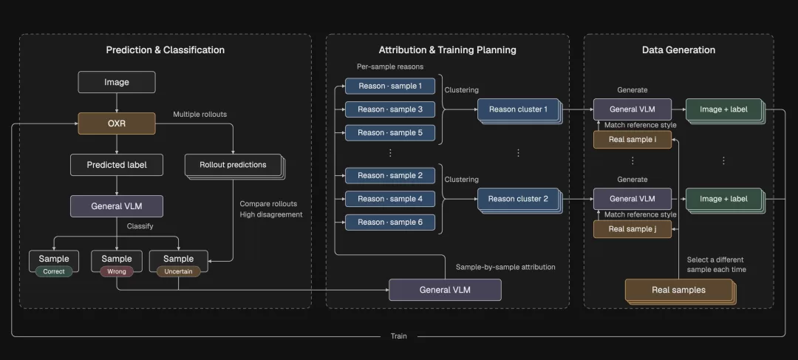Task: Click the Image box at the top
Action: click(x=117, y=82)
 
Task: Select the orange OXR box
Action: click(x=117, y=123)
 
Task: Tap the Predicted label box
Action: click(x=117, y=165)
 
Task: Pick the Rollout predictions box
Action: click(x=233, y=165)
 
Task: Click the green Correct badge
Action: click(x=54, y=271)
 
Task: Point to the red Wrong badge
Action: click(x=117, y=271)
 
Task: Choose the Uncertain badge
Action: click(x=178, y=271)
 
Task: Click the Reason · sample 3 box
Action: click(x=390, y=109)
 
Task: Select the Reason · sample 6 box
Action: click(x=390, y=222)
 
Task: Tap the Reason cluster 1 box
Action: click(x=518, y=109)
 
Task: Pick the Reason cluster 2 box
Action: click(x=518, y=199)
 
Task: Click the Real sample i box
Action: click(x=632, y=140)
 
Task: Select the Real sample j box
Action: click(x=632, y=229)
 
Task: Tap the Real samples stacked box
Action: click(x=679, y=291)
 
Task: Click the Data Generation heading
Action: click(x=678, y=50)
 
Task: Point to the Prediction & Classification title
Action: click(x=166, y=50)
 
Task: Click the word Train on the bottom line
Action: click(x=398, y=336)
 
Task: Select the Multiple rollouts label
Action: click(x=200, y=114)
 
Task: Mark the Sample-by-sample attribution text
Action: click(x=505, y=267)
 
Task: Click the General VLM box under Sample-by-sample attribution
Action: click(x=445, y=290)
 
